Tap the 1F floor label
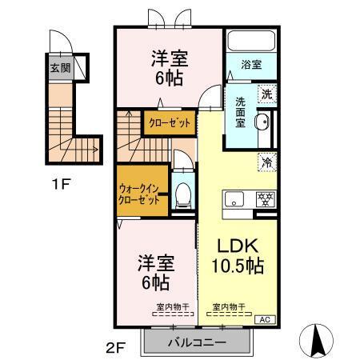62,183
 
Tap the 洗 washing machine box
266,94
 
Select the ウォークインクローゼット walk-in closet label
142,192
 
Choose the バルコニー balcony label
196,342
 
